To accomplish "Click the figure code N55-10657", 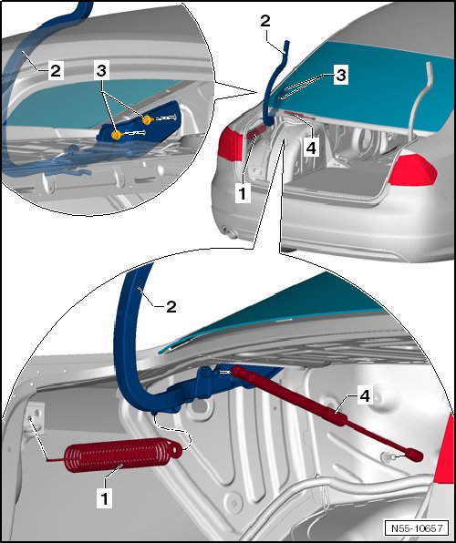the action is point(417,528).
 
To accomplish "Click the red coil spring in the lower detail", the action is point(118,456).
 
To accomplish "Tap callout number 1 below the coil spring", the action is point(104,498).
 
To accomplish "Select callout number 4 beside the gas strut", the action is point(365,395).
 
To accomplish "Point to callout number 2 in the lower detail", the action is point(171,307).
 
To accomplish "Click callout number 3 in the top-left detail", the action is point(101,71).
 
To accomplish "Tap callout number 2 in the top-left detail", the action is point(56,71).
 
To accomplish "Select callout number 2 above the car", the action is point(264,22).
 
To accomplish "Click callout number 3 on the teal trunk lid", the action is point(341,75).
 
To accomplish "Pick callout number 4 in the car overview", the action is point(311,148).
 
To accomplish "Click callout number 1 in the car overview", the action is point(243,194).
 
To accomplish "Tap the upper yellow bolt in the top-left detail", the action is point(148,120).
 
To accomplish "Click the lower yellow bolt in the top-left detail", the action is point(116,135).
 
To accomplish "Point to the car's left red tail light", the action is point(230,145).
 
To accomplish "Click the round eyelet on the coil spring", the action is point(176,449).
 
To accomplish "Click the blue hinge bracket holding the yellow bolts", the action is point(139,120).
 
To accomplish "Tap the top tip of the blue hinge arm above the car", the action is point(286,42).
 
